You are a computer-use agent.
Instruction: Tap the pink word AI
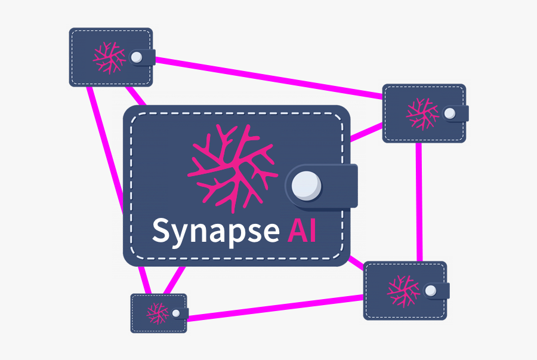tap(301, 229)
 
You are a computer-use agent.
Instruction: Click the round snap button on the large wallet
tap(307, 184)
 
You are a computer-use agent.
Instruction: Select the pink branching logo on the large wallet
tap(232, 168)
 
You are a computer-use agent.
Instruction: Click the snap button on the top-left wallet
tap(136, 57)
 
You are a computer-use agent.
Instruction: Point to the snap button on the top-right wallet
tap(449, 113)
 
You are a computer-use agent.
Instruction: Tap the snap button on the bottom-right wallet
tap(430, 290)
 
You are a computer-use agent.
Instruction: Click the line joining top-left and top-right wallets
tap(268, 76)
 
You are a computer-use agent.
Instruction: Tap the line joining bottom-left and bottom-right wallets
tap(274, 305)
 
